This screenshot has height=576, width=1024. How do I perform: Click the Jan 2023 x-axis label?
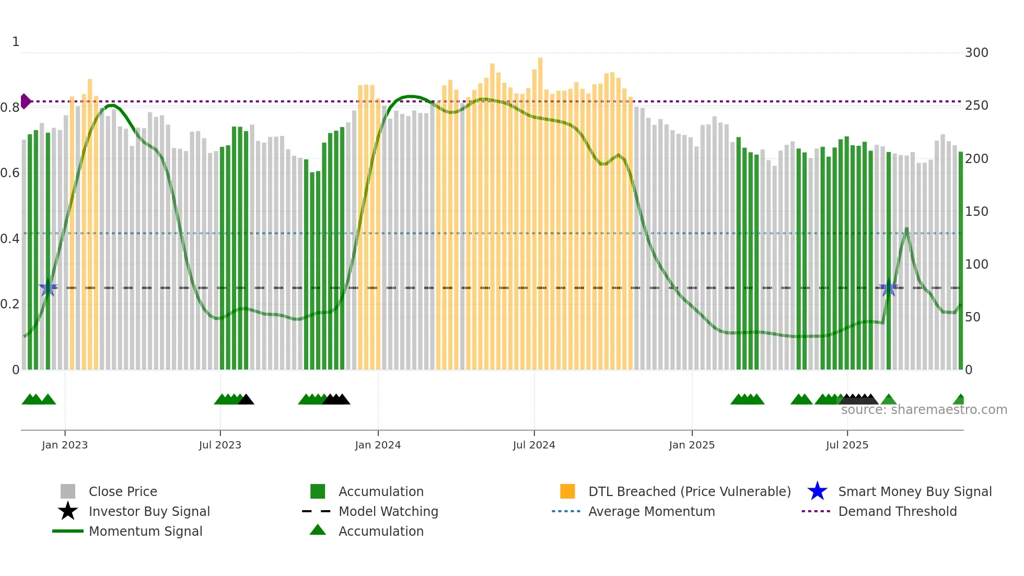click(x=65, y=445)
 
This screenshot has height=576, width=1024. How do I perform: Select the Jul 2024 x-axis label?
click(x=534, y=445)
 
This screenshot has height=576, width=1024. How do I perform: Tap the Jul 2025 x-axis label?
click(x=847, y=445)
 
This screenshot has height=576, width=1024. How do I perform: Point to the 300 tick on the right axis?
click(x=976, y=53)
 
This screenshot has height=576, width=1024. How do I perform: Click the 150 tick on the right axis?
click(x=976, y=212)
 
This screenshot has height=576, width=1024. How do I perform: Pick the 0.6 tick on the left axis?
click(x=10, y=173)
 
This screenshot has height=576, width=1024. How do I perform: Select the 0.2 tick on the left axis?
click(x=10, y=304)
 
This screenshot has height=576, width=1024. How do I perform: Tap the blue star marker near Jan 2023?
click(x=48, y=287)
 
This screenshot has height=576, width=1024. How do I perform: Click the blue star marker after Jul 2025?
click(x=889, y=287)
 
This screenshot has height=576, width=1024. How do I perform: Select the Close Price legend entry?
click(x=123, y=491)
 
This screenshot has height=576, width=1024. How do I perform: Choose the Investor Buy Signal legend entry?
click(x=149, y=511)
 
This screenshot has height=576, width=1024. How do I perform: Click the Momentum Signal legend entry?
click(x=145, y=531)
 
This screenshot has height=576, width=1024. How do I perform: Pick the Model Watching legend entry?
click(x=388, y=511)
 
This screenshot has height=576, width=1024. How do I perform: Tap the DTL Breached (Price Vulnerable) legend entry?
click(x=689, y=491)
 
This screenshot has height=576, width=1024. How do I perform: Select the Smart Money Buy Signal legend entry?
click(x=914, y=491)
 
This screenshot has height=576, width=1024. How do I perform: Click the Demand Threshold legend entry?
click(x=897, y=511)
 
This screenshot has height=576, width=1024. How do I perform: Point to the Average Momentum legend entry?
click(x=651, y=511)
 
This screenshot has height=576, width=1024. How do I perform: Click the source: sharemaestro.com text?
click(x=924, y=410)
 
